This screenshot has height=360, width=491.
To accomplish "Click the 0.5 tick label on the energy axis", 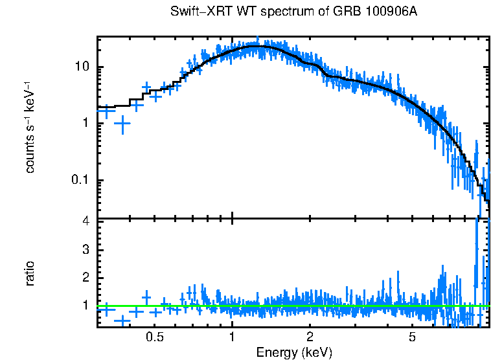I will click(x=154, y=337).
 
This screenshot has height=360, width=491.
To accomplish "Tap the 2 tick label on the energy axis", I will click(x=310, y=337).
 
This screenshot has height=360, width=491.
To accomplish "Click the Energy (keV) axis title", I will click(x=294, y=352).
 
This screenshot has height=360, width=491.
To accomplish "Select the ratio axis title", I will click(x=30, y=274).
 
